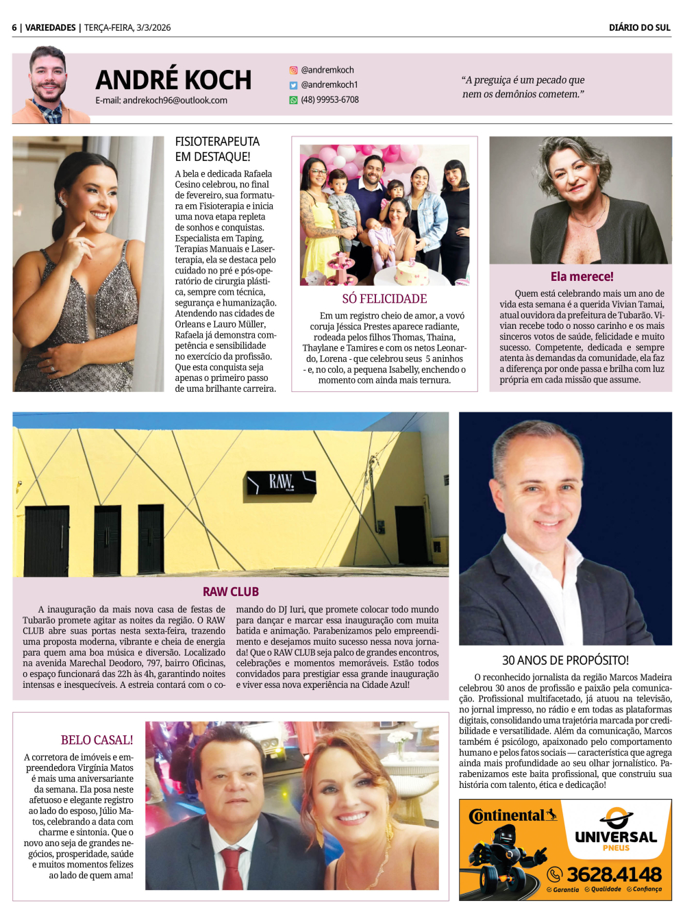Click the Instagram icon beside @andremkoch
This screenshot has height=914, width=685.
coord(293,70)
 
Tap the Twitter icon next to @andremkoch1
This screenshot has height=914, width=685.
coord(293,85)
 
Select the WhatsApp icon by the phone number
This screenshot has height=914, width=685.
coord(293,100)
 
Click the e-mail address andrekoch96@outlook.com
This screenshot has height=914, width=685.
coord(161,100)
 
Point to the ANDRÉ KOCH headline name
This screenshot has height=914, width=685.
coord(173,79)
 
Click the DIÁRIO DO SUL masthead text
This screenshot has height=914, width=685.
coord(639,27)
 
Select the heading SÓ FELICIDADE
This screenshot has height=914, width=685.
coord(384,299)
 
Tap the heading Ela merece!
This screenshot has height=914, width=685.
coord(582,276)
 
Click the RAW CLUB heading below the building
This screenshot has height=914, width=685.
coord(230,591)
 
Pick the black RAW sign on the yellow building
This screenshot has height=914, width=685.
coord(282,482)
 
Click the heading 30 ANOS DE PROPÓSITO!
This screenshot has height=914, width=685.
coord(565,660)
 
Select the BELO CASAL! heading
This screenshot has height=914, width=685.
coord(97,740)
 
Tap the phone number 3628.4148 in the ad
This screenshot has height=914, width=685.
coord(614,874)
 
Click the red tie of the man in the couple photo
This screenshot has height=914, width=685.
coord(232,867)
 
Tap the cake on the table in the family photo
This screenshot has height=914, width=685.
coord(412,273)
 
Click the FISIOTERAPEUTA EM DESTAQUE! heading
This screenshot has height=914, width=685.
coord(217,149)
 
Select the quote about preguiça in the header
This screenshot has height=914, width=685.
coord(523,87)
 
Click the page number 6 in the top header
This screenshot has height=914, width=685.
coord(14,27)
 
